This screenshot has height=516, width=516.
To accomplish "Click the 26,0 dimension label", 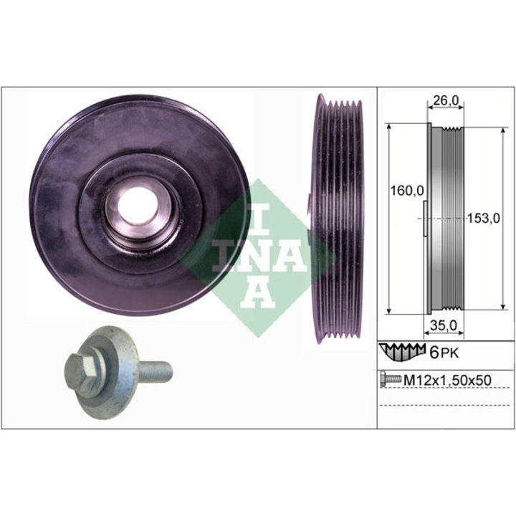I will [x=445, y=102].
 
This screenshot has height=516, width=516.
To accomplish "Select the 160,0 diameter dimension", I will [x=406, y=191].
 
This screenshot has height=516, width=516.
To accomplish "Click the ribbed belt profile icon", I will [x=403, y=351].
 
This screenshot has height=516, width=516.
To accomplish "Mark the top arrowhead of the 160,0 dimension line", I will [x=389, y=126].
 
